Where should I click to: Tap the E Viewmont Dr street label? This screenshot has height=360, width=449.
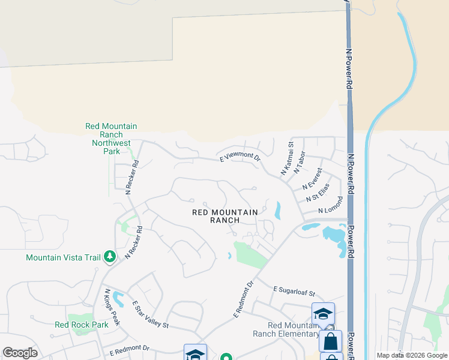click(240, 157)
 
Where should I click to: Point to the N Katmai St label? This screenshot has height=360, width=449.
click(287, 158)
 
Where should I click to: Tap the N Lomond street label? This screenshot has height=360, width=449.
click(330, 205)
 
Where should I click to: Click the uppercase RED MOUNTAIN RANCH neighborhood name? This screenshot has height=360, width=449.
click(225, 216)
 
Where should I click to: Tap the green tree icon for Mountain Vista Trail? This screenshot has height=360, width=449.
click(109, 257)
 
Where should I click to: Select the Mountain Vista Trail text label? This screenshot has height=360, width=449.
click(63, 257)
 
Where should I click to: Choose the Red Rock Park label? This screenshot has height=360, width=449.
click(81, 325)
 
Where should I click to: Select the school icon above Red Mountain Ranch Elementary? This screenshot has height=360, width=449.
click(323, 314)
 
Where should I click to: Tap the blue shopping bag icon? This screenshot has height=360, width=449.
click(330, 341)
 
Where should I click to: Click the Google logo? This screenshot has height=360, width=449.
click(20, 353)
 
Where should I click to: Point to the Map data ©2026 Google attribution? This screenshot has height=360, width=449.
click(412, 355)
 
